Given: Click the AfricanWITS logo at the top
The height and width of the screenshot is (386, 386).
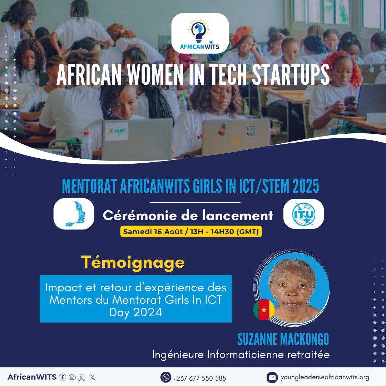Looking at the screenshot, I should point(200,33).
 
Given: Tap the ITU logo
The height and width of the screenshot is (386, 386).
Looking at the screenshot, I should point(303,214).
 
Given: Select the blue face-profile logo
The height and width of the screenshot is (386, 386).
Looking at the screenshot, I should point(74,214).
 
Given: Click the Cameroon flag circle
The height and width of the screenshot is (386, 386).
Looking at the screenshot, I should point(264,310).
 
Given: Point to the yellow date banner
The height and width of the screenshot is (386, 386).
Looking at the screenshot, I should point(191,232).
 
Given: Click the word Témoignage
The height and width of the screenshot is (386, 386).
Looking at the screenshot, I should point(133,263).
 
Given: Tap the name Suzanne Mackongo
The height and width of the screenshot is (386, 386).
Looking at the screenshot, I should point(283,340).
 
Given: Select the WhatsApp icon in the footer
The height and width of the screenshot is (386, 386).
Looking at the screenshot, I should point(165,377).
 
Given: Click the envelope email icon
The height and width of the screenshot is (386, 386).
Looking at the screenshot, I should point(272,377).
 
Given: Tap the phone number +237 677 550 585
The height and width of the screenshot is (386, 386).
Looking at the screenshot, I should point(199,378).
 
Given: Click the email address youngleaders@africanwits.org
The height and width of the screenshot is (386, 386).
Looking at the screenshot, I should point(325,377).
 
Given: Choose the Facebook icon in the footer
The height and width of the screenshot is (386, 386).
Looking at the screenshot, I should point(63,377).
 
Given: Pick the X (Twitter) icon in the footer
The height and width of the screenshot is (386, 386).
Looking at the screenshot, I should point(92,377).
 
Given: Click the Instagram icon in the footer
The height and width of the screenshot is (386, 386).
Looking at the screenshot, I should point(72,377).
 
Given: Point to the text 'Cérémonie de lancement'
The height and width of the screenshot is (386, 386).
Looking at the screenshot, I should point(188,216).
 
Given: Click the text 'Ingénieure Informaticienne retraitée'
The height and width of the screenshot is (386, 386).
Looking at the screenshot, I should point(241,355).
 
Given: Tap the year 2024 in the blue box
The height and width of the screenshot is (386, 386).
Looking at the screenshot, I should point(148,312).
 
